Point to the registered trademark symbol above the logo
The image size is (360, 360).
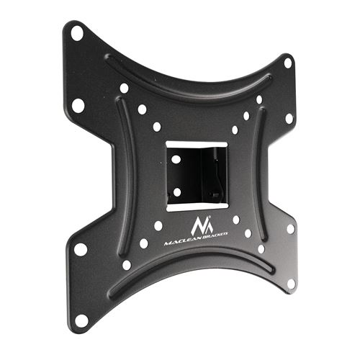[x=210, y=217]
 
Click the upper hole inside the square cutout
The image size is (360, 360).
[x=176, y=160]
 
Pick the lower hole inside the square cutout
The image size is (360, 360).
[x=177, y=192]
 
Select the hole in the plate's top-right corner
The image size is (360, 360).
[x=288, y=63]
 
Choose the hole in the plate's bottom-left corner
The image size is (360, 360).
[x=81, y=320]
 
